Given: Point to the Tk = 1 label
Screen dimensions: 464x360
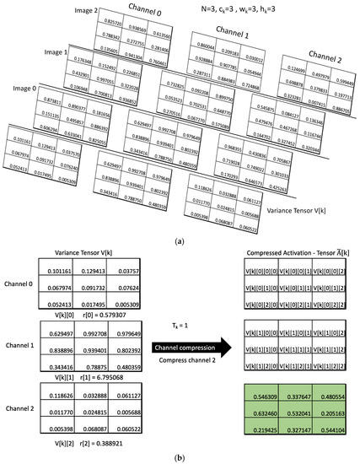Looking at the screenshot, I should tap(180, 324).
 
